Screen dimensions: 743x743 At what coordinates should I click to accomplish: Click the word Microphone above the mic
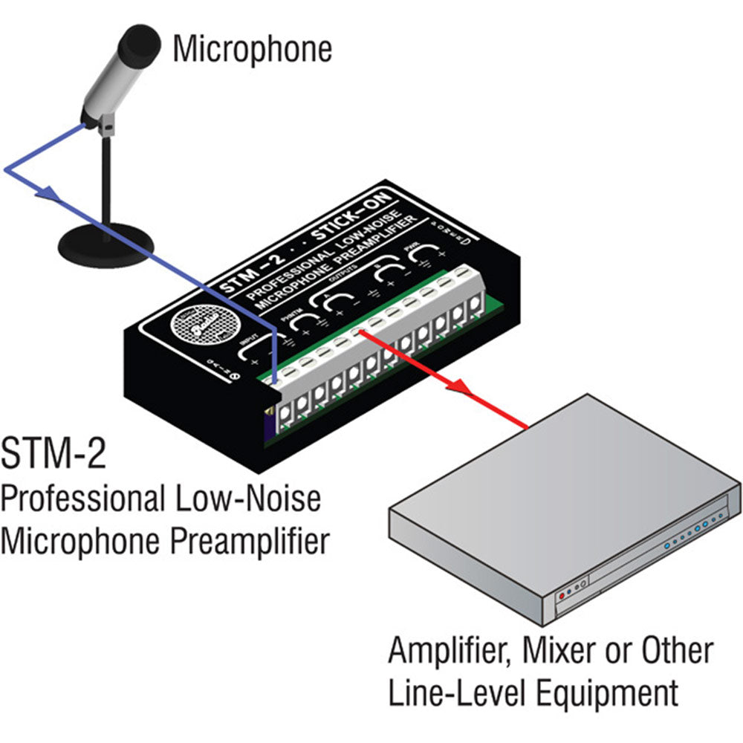click(x=252, y=49)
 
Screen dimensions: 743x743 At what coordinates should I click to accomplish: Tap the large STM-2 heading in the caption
click(x=53, y=455)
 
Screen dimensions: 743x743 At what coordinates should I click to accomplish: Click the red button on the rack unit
click(x=561, y=594)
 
